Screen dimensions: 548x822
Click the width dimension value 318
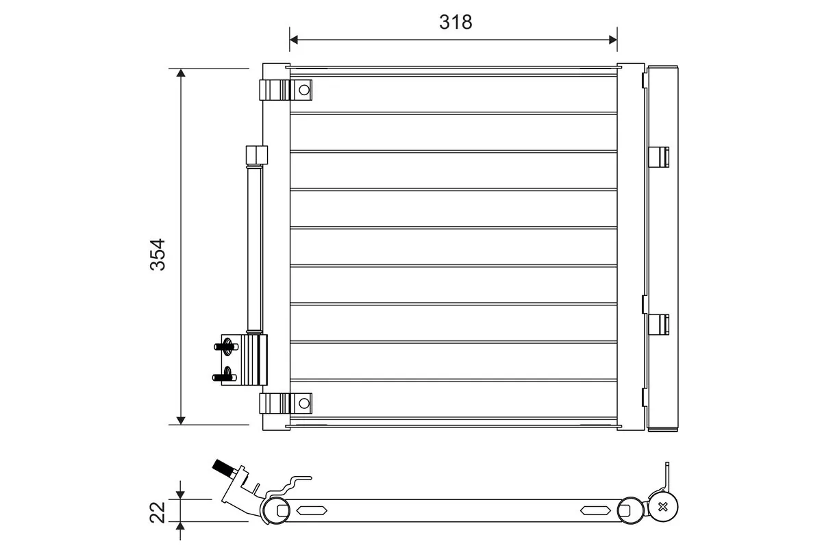point(456,22)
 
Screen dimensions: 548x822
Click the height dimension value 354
point(158,254)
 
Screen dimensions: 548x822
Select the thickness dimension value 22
point(158,511)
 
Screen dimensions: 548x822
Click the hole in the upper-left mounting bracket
point(303,89)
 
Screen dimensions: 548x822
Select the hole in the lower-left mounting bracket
point(303,403)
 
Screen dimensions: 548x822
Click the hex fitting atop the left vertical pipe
point(256,155)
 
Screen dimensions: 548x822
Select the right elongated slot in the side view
point(595,510)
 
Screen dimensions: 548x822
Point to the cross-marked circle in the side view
point(663,507)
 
